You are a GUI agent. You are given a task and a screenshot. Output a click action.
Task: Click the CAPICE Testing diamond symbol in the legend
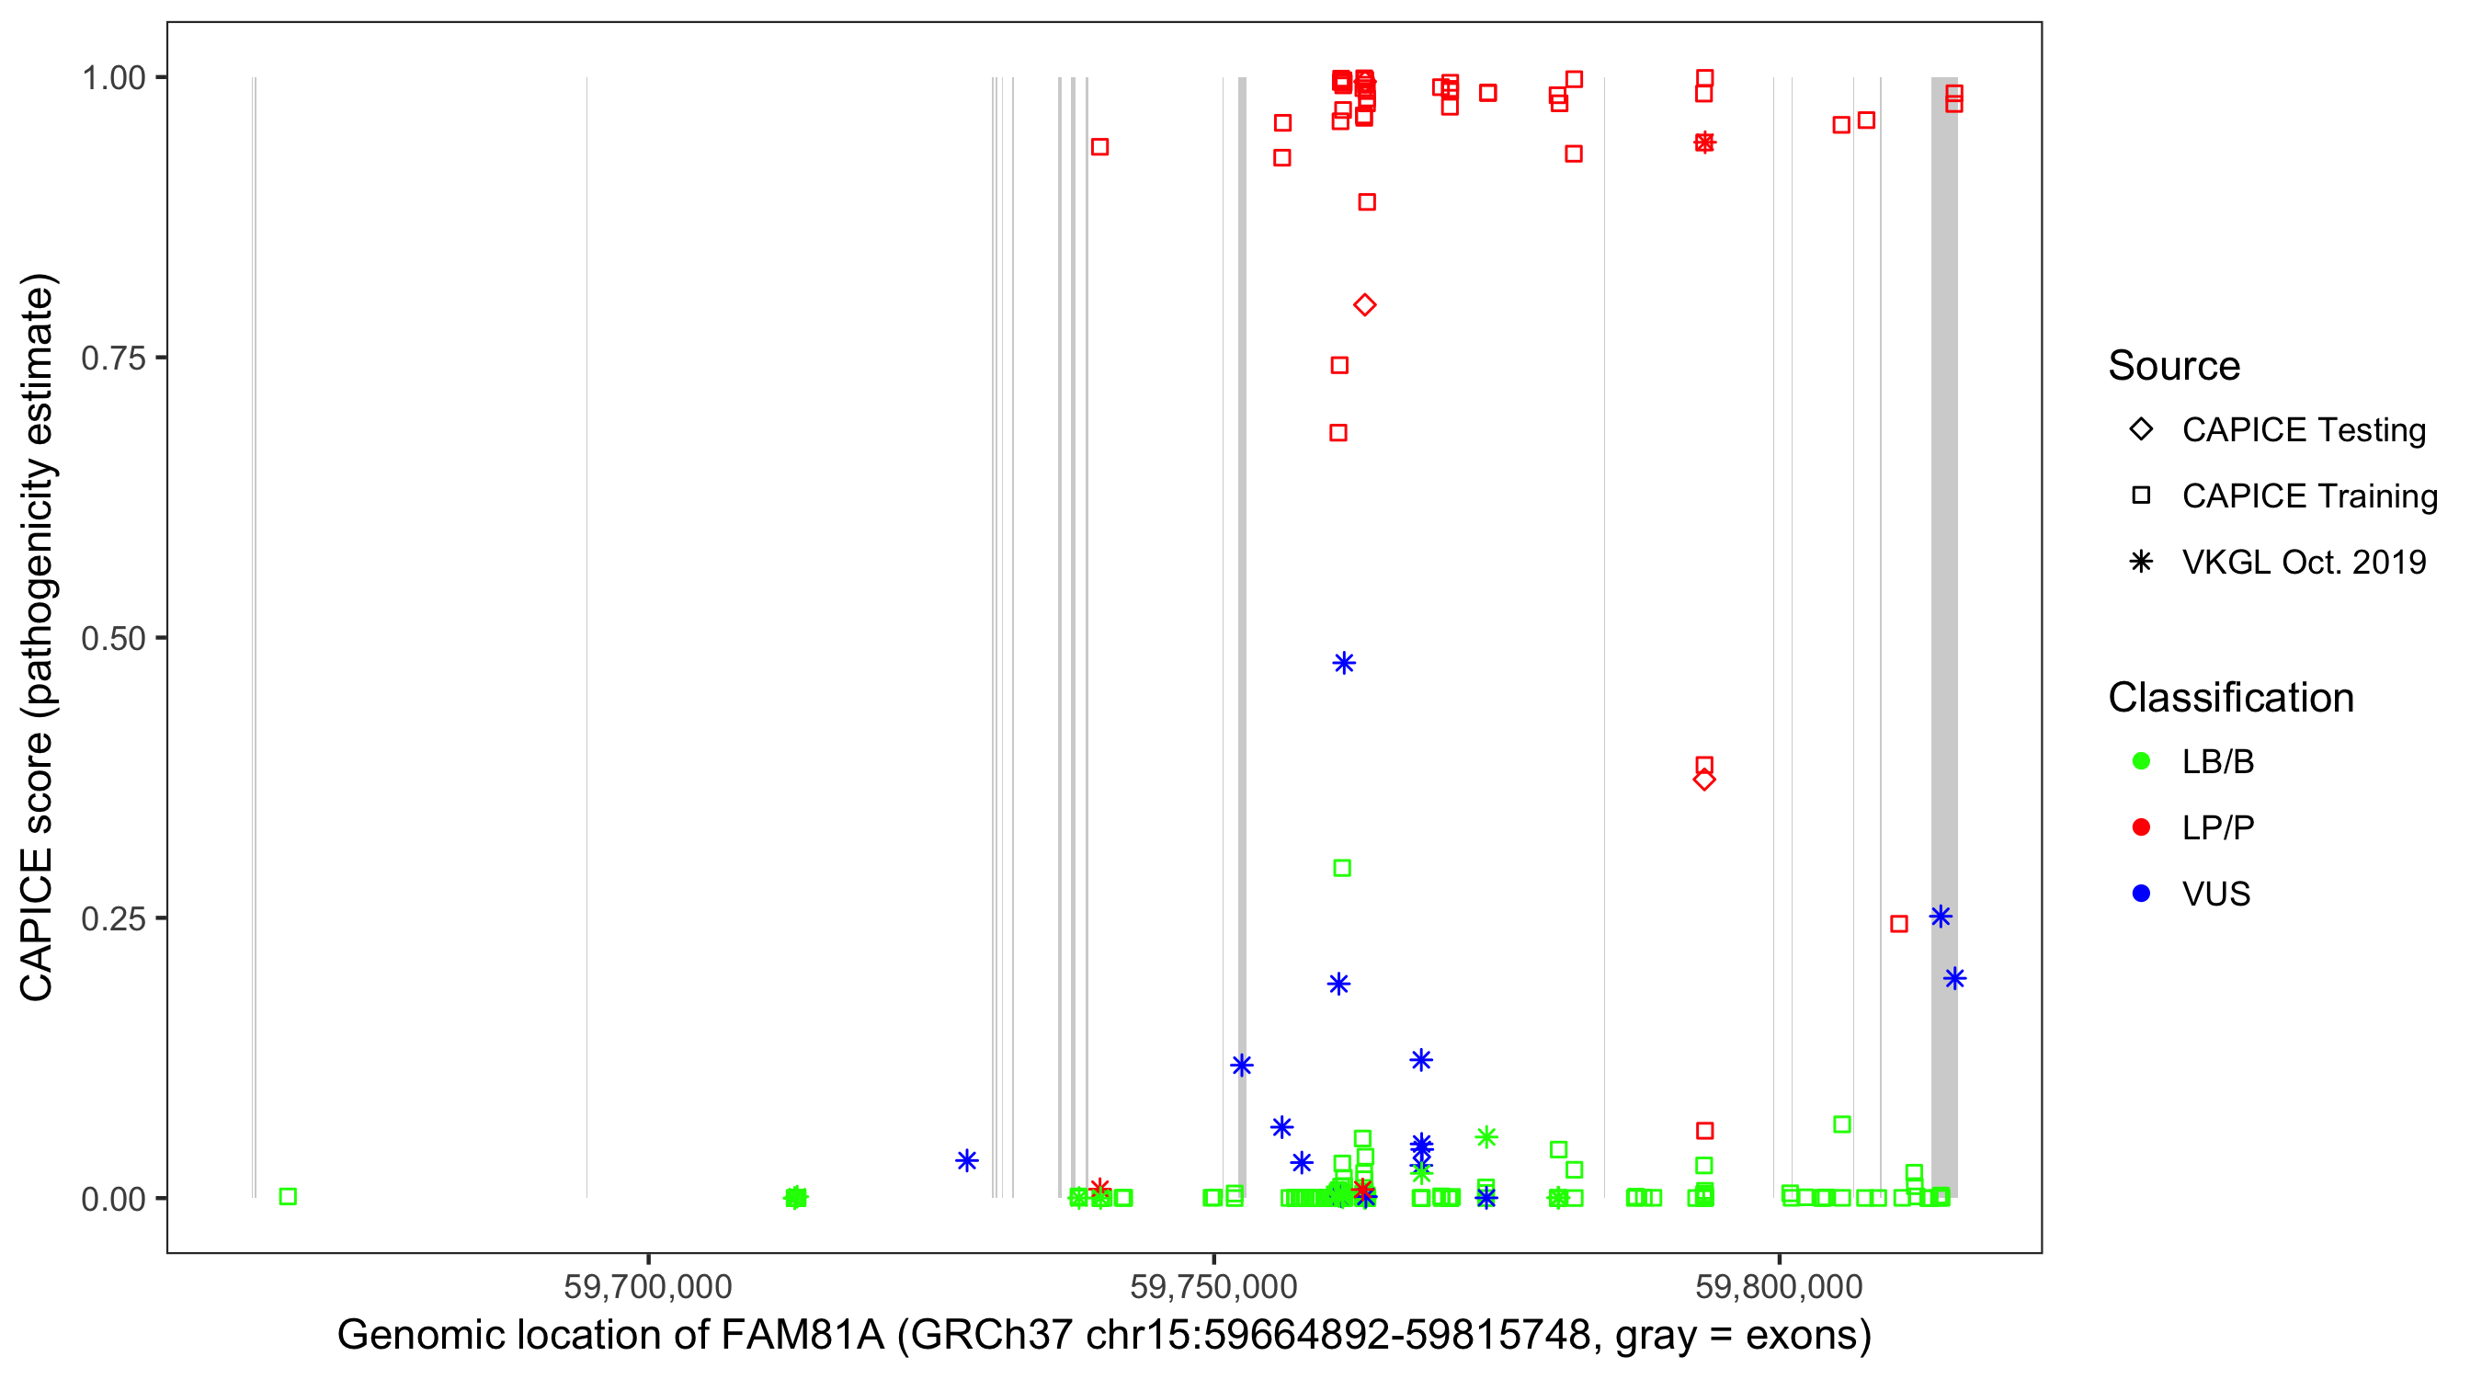(x=2141, y=428)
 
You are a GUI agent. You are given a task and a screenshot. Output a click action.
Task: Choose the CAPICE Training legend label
(x=2308, y=496)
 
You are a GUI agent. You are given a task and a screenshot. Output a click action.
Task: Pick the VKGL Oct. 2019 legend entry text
(x=2303, y=562)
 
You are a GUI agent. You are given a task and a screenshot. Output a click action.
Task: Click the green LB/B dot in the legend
(x=2141, y=761)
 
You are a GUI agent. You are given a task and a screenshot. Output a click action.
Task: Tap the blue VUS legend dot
(x=2141, y=894)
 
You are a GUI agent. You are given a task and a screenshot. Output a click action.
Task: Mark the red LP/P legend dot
(x=2141, y=826)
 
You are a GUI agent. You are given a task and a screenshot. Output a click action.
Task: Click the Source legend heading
(x=2173, y=366)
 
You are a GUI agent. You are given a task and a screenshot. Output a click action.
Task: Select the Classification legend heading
(x=2229, y=698)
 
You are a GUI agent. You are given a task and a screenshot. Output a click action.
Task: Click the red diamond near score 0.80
(x=1364, y=305)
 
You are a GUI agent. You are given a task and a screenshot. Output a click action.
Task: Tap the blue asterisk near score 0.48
(x=1344, y=663)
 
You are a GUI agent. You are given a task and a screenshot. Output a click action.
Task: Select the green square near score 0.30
(x=1342, y=868)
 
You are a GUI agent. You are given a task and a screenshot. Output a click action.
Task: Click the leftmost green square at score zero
(x=287, y=1196)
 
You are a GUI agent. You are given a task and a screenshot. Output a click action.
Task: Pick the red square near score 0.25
(x=1899, y=924)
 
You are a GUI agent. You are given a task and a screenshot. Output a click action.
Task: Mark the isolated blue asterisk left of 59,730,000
(x=966, y=1160)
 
